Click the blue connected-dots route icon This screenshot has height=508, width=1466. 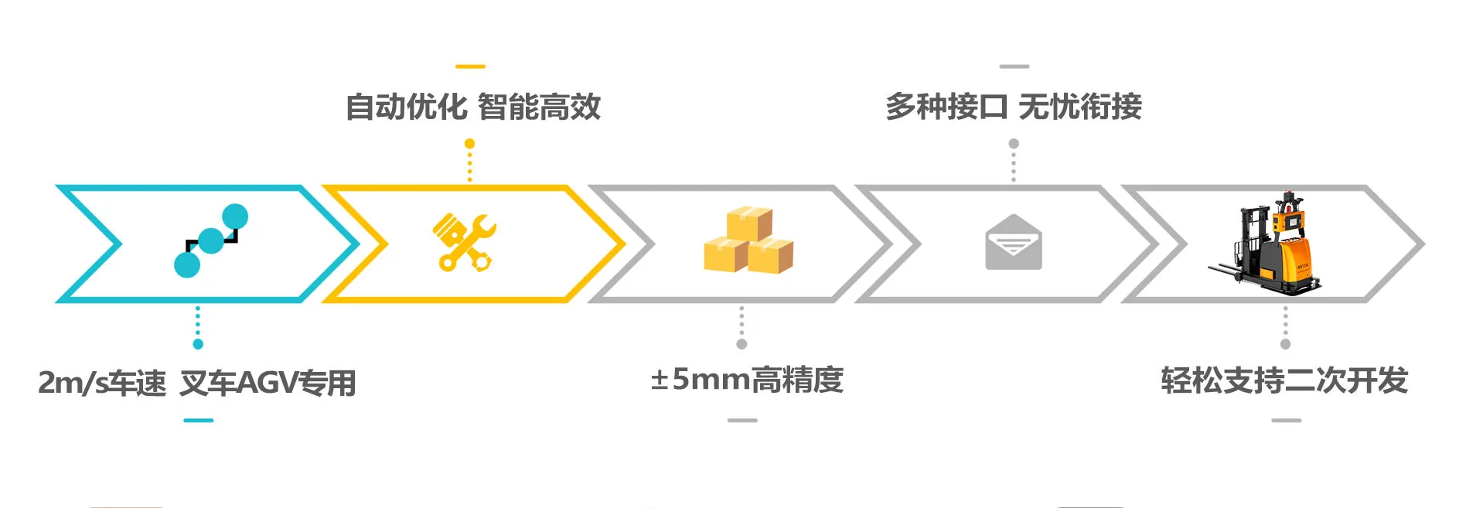(x=210, y=240)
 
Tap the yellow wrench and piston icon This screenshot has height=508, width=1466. (x=464, y=242)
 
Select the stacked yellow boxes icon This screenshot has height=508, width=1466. (x=748, y=240)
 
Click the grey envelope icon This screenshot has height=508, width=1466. (x=1013, y=242)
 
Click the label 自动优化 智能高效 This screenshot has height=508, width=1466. (x=472, y=107)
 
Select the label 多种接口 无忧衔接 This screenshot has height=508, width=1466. (x=1013, y=107)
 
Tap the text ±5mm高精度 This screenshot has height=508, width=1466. (x=746, y=380)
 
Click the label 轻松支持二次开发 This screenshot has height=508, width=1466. (x=1284, y=380)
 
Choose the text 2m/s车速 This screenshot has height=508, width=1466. (x=102, y=383)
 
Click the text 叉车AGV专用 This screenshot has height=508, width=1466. (x=268, y=383)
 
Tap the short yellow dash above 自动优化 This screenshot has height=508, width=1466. (x=470, y=66)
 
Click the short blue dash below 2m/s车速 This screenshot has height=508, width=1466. (x=199, y=421)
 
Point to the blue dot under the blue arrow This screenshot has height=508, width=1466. (x=199, y=344)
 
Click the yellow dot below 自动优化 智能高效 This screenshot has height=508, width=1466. (x=469, y=144)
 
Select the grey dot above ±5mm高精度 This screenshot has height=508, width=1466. (x=742, y=344)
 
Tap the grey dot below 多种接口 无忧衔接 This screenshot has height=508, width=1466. (x=1014, y=144)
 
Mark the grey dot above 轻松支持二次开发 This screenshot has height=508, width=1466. (x=1286, y=344)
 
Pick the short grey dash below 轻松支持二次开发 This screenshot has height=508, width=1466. (x=1286, y=421)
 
